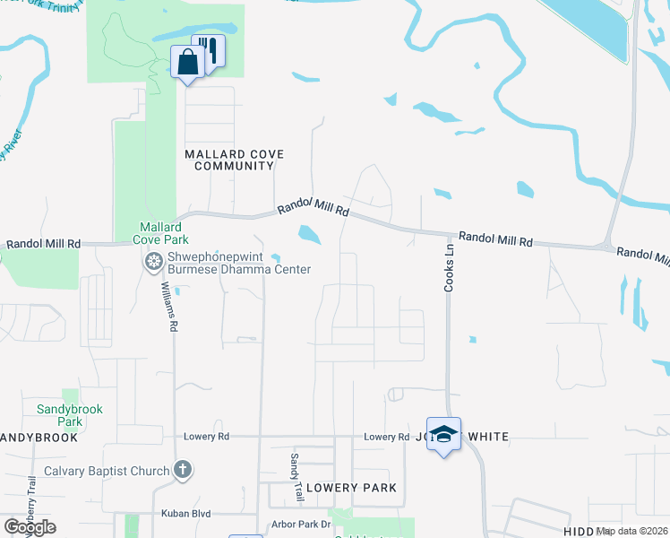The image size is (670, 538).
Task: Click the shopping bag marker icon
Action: point(187,64)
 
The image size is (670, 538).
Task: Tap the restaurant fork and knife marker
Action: point(210,49)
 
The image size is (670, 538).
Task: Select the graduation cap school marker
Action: point(443,435)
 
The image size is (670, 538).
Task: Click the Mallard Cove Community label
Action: point(234,160)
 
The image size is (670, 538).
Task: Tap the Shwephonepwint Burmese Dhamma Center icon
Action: point(153,262)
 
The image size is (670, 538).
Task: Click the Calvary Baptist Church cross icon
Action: point(182,469)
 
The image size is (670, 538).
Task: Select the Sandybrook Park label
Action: point(70,415)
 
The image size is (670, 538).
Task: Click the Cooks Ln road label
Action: point(451,270)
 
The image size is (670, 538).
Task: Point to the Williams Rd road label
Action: point(167,308)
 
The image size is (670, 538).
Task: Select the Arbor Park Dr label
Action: point(300,524)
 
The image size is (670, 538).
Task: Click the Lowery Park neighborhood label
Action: point(351,488)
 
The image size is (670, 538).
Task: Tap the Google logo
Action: point(30,527)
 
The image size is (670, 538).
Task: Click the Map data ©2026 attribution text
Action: point(631,531)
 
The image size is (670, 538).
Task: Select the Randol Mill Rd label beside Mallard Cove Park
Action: point(43,244)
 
